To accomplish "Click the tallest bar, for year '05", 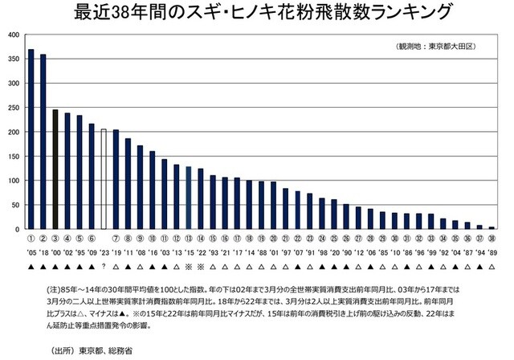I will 31,140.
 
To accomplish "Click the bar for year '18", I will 43,142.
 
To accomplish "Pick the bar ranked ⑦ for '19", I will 116,180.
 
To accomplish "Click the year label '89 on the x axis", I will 491,252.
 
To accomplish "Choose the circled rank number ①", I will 31,239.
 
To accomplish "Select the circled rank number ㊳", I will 491,239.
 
